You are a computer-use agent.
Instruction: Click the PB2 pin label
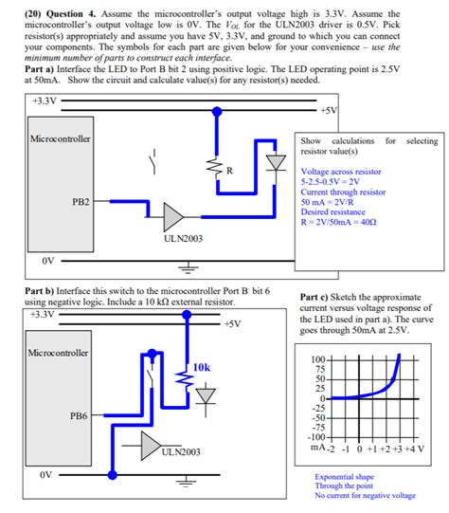pos(81,202)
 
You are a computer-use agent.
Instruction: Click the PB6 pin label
pos(79,416)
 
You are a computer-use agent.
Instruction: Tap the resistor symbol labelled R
pos(216,169)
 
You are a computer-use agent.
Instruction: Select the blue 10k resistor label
pos(202,367)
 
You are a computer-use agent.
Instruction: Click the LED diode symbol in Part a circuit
pos(277,162)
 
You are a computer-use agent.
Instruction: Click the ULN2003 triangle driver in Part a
pos(173,217)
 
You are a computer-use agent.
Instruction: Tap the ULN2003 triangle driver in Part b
pos(151,446)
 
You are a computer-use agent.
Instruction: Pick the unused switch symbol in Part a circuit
pos(153,161)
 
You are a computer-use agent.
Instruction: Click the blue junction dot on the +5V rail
pos(217,112)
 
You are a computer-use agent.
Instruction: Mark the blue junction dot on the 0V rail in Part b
pos(113,475)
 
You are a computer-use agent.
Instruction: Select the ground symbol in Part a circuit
pos(189,267)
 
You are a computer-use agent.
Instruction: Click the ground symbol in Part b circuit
pos(186,481)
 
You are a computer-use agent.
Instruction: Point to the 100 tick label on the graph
pos(318,359)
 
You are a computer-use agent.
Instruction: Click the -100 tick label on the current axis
pos(316,437)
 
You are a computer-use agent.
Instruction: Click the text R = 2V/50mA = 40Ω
pos(338,222)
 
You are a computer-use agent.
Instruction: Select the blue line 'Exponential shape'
pos(345,477)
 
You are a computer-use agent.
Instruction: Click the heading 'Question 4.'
pos(71,14)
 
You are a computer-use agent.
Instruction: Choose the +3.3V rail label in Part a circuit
pos(45,101)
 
